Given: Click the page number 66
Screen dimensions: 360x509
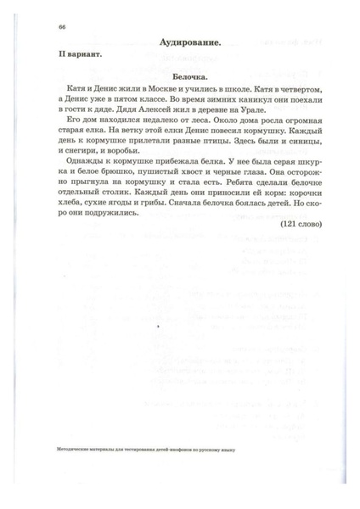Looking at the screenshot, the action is click(x=63, y=26).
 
